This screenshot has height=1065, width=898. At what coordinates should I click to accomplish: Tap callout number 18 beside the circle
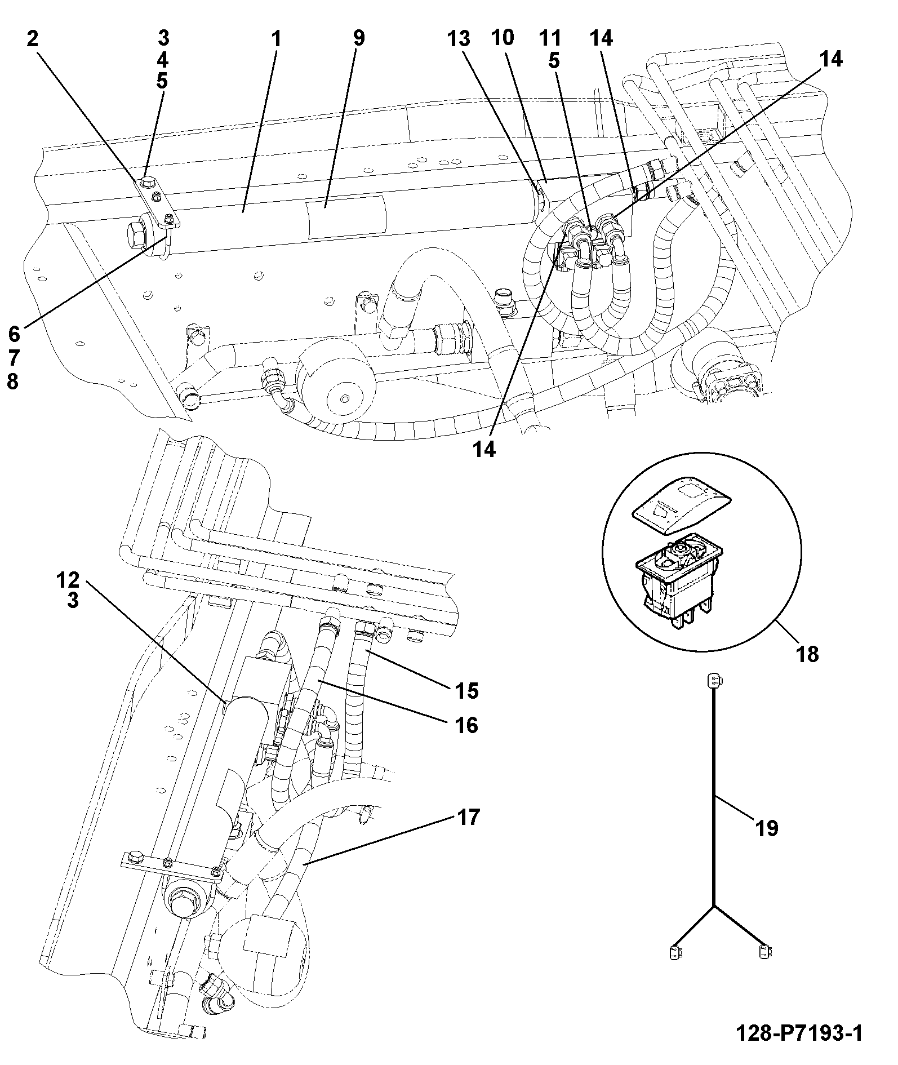[808, 654]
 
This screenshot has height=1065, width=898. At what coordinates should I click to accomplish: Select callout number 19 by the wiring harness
[767, 828]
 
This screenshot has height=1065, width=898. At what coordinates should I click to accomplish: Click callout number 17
[468, 816]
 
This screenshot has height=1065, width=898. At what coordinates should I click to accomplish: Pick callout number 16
[467, 725]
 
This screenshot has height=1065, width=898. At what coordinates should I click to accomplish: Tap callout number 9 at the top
[358, 38]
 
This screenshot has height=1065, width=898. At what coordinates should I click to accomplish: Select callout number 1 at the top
[275, 39]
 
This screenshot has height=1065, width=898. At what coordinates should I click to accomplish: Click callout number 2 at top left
[33, 39]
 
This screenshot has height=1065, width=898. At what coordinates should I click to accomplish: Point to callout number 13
[459, 39]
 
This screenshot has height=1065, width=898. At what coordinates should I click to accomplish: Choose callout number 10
[503, 38]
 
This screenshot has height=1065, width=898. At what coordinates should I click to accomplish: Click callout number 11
[550, 39]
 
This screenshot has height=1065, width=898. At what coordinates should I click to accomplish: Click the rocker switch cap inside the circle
[681, 505]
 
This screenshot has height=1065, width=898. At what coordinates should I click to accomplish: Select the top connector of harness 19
[714, 681]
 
